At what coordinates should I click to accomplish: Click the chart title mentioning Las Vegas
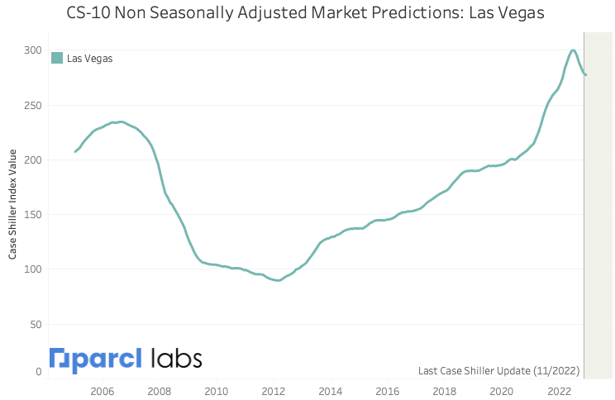307,13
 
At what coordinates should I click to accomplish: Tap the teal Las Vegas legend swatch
57,58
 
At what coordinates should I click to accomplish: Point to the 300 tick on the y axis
31,50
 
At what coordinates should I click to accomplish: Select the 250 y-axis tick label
31,105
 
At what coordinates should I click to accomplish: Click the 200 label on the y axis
31,160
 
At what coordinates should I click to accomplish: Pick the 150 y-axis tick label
31,214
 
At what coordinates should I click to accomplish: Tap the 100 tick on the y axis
31,269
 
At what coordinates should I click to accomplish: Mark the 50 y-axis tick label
34,323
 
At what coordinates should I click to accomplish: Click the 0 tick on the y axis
37,372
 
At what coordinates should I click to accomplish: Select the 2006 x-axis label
102,390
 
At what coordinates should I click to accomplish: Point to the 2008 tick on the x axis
160,390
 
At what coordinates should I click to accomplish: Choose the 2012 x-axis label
274,390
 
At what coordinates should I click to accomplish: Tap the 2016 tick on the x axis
388,390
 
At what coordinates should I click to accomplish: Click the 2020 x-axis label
502,390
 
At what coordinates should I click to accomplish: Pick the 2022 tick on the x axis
559,390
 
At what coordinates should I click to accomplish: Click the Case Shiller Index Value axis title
13,203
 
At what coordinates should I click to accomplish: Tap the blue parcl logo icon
60,360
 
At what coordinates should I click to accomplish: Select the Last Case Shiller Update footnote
498,370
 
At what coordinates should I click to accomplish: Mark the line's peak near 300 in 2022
574,50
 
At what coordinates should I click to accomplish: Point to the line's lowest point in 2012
279,280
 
